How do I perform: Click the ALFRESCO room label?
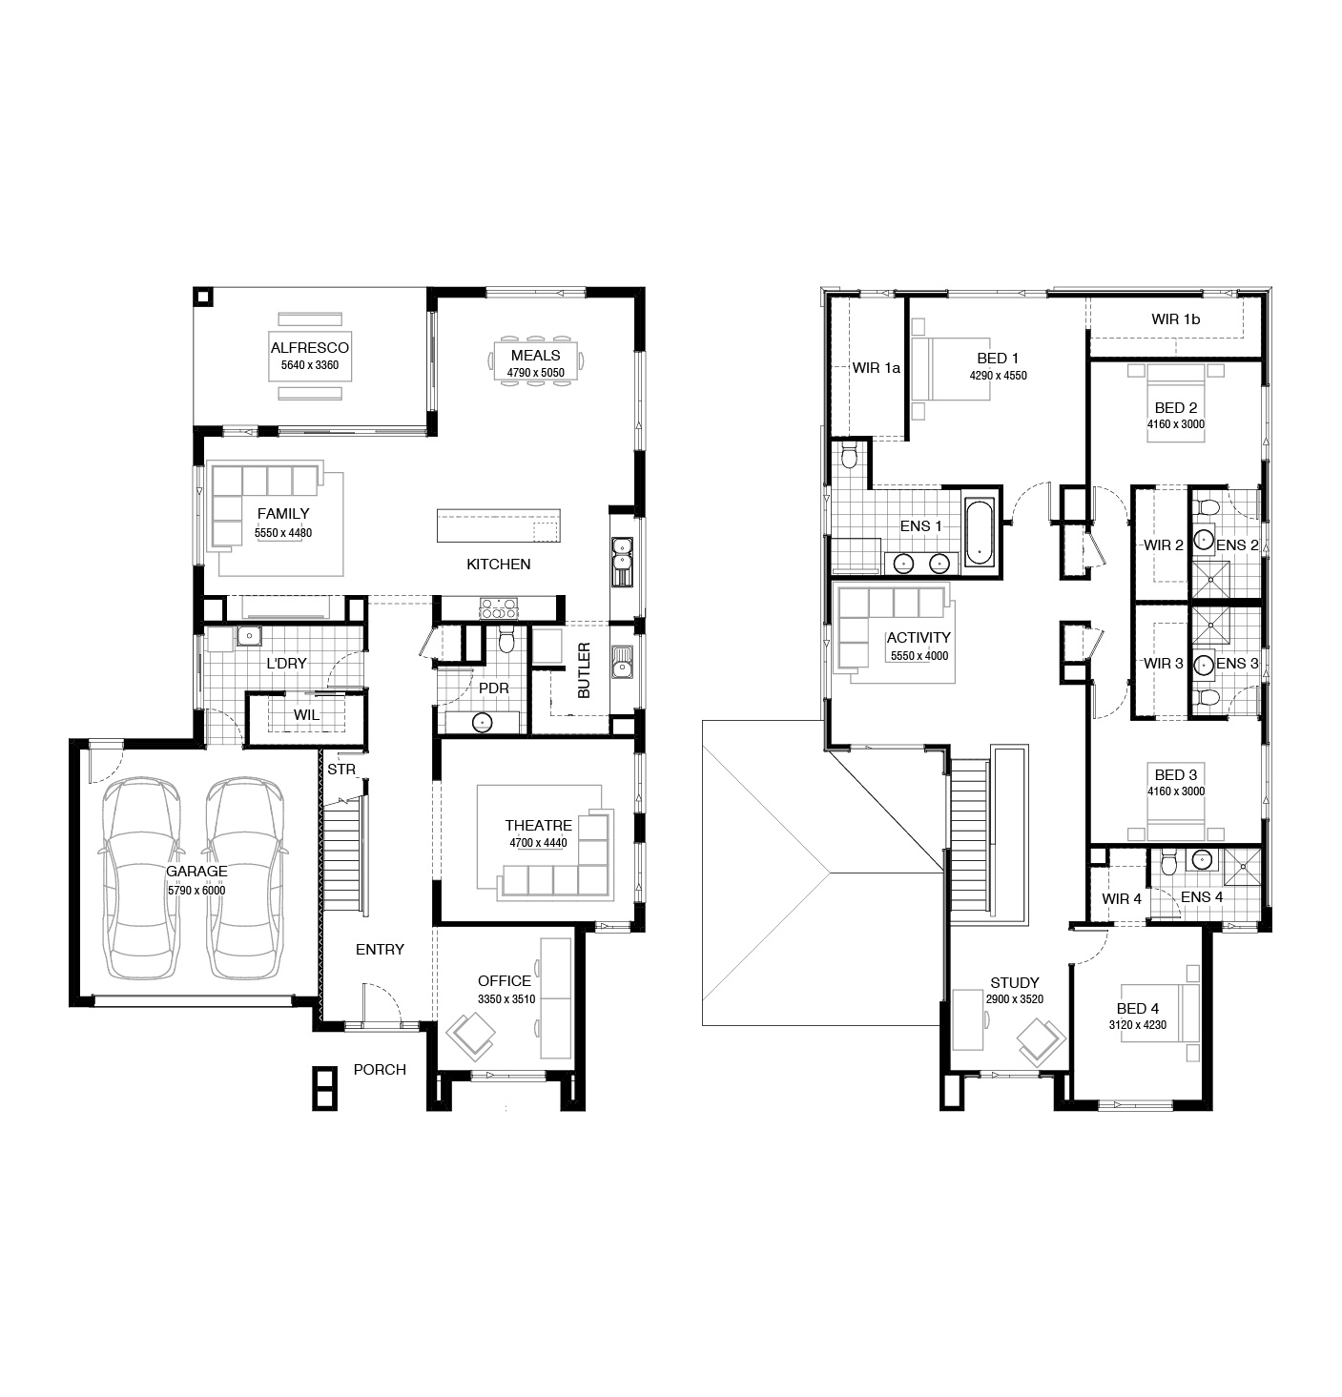309,347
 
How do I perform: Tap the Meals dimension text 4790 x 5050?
536,373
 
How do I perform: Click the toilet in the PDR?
506,638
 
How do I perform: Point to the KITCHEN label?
498,565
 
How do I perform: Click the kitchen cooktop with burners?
498,608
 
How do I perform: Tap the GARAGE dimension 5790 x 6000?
196,891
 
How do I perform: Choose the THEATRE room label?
539,826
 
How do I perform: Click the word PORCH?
380,1070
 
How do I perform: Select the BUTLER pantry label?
584,670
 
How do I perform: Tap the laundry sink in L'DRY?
249,636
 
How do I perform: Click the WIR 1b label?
1175,319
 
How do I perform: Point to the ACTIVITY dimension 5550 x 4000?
919,655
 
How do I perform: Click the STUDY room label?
1015,983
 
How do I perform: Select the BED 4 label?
1137,1009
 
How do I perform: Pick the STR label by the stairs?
341,770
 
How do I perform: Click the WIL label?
306,715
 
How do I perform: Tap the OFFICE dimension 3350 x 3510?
506,999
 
